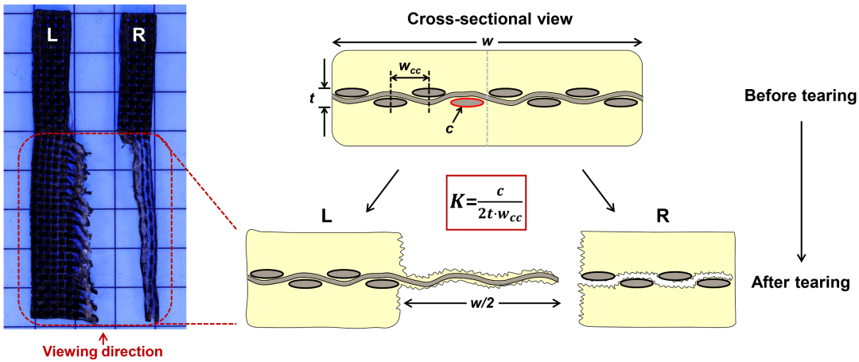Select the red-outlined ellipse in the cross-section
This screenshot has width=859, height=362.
click(467, 103)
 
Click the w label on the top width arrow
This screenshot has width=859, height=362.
click(486, 40)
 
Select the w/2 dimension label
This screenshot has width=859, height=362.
click(486, 303)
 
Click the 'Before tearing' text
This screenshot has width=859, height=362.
click(799, 96)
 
